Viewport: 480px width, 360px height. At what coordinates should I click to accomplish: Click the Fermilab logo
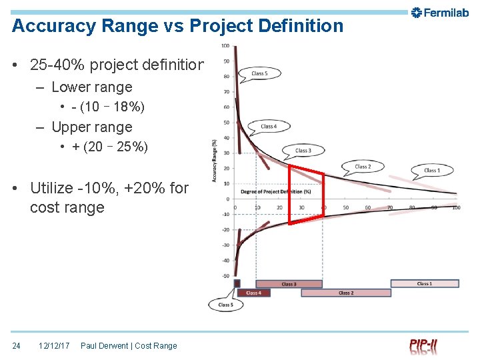tap(439, 12)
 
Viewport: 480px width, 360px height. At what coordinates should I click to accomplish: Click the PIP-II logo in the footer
tap(424, 346)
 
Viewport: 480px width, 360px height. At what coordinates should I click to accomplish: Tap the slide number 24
tap(17, 345)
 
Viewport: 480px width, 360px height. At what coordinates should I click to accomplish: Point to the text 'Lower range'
tap(91, 87)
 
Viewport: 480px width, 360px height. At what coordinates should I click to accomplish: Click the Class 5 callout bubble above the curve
tap(259, 73)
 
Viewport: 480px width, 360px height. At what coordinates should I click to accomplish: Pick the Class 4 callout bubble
tap(269, 125)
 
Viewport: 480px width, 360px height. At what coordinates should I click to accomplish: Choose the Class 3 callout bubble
tap(303, 150)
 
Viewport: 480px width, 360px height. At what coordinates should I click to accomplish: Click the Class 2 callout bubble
tap(363, 166)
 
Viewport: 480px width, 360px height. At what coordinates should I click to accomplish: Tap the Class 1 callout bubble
tap(431, 170)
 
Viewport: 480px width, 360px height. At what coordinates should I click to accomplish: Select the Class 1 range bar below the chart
tap(425, 283)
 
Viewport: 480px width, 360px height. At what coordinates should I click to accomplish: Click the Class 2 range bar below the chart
tap(345, 293)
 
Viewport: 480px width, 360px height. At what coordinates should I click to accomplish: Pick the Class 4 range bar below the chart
tap(253, 293)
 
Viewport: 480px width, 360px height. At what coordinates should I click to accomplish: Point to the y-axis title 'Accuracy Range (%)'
tap(214, 160)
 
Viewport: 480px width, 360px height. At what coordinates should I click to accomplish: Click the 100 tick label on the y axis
tap(225, 46)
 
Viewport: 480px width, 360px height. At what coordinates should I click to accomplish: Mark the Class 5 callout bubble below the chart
tap(225, 305)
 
